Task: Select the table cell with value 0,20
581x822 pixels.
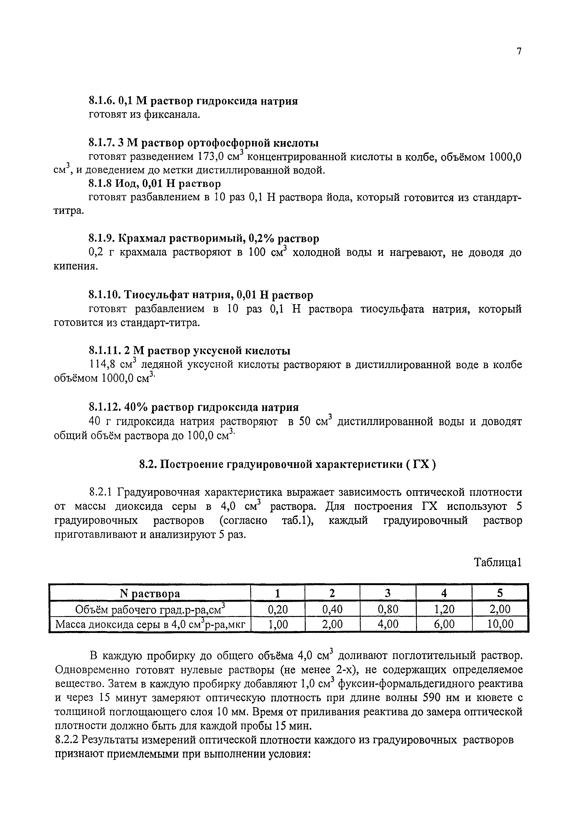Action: coord(278,609)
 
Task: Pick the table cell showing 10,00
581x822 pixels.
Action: coord(500,624)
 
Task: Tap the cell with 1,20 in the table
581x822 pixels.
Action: coord(444,609)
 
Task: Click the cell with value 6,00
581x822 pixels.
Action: coord(444,624)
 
